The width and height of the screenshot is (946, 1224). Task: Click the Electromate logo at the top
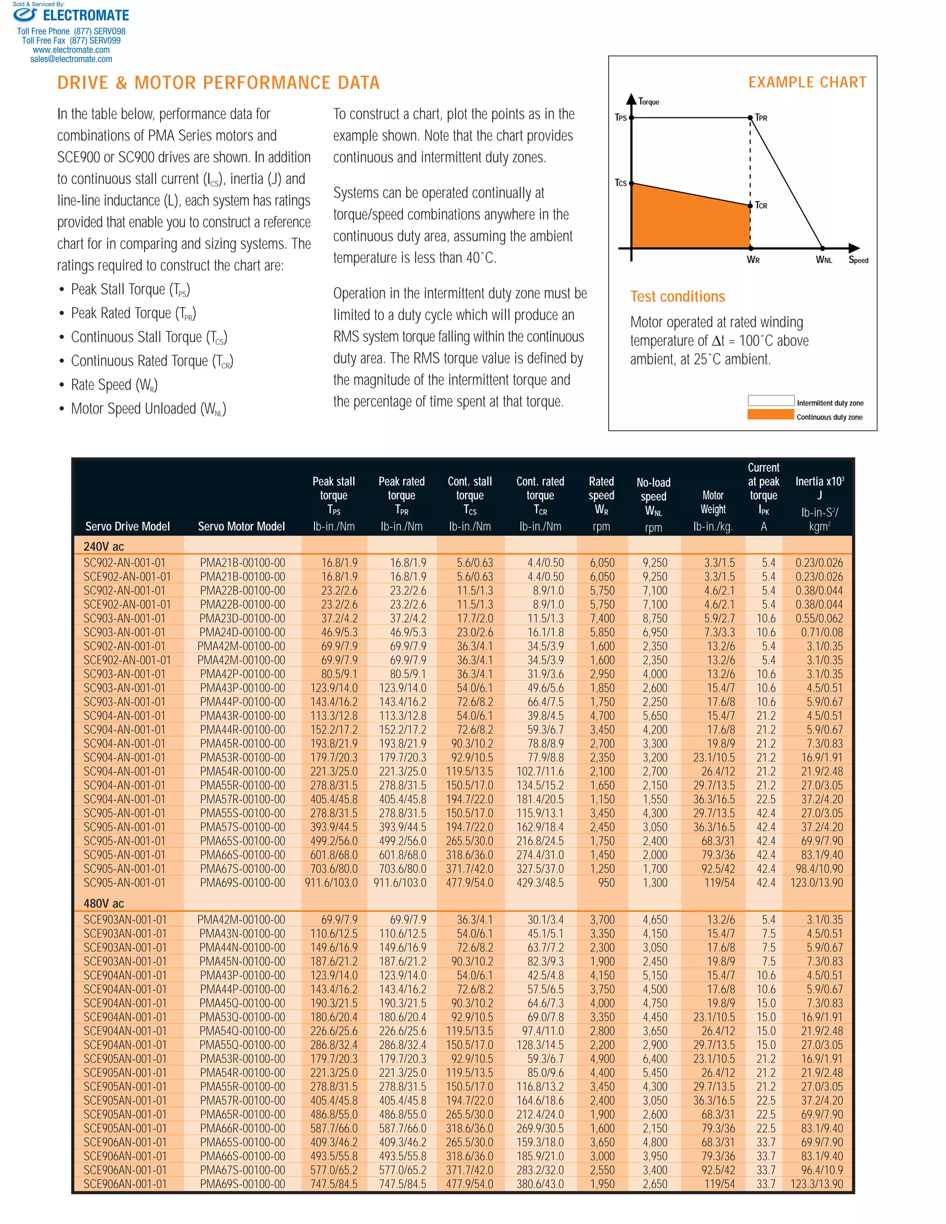tap(71, 15)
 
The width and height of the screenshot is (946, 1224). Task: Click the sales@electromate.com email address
tap(71, 59)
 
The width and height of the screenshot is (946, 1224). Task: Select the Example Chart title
tap(807, 82)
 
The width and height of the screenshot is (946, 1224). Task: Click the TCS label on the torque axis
tap(620, 183)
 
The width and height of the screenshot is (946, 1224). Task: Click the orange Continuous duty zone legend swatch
tap(770, 415)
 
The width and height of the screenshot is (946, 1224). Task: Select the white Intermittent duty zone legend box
tap(770, 400)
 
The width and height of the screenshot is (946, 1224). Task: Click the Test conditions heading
tap(677, 297)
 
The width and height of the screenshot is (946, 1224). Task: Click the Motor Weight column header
tap(713, 502)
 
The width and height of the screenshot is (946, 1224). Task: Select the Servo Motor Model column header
tap(241, 526)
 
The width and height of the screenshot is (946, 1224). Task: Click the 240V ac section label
tap(103, 546)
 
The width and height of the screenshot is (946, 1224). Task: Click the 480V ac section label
tap(103, 903)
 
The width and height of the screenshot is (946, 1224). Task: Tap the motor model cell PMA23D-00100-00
tap(242, 618)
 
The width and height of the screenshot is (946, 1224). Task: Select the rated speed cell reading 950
tap(606, 883)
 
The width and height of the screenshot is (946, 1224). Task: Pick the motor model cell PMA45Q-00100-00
tap(242, 1003)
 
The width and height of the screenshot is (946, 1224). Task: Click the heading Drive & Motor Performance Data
tap(218, 83)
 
